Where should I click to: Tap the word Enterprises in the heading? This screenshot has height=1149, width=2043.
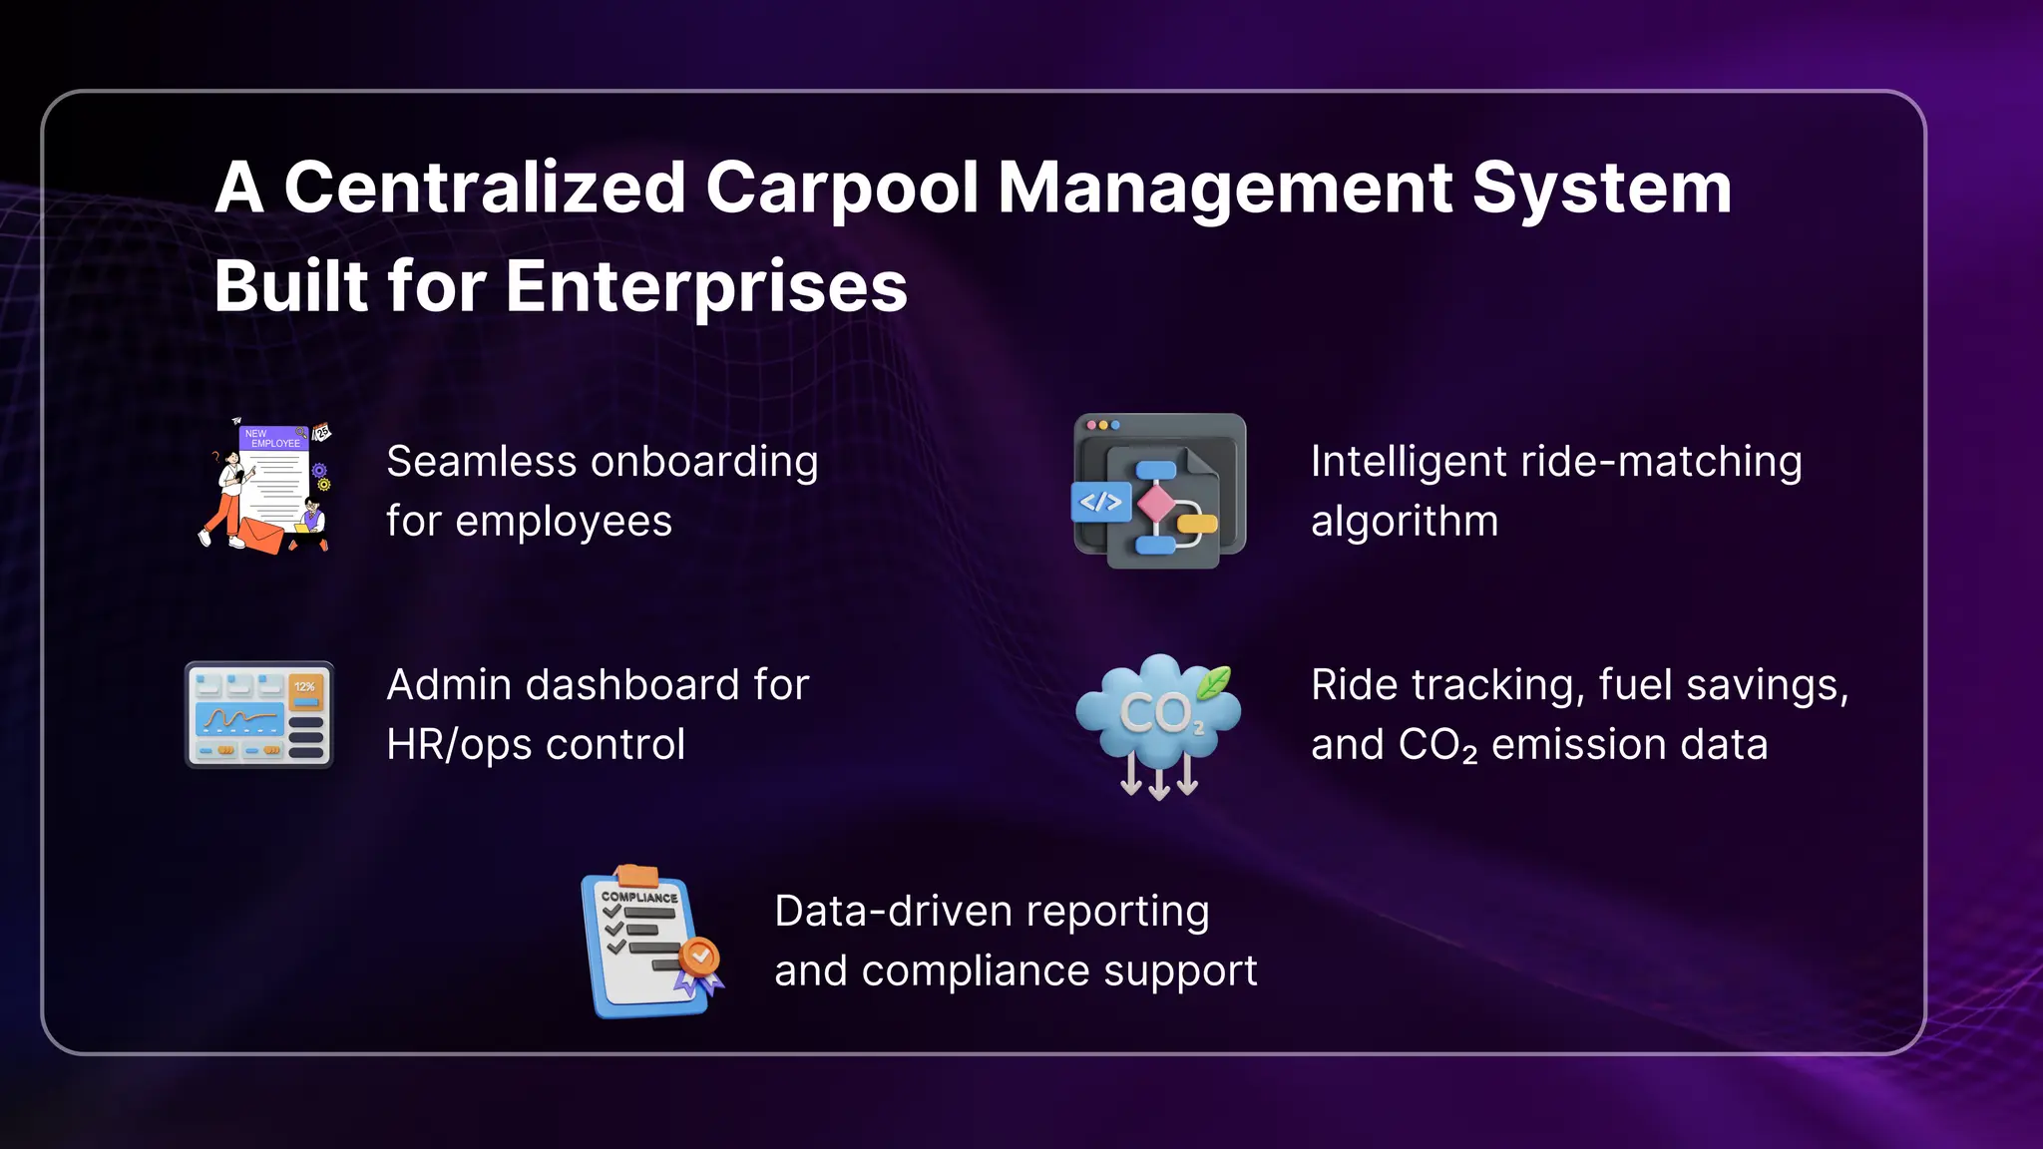coord(706,287)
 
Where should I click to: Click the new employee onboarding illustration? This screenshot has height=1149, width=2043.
coord(265,487)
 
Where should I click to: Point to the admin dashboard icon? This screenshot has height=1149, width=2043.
coord(259,715)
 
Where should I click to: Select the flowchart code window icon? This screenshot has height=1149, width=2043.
coord(1159,491)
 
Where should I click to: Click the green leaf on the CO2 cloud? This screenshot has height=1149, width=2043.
coord(1213,683)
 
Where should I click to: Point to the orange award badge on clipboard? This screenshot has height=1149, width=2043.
coord(700,957)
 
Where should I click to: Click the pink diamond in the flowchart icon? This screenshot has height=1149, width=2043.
coord(1156,503)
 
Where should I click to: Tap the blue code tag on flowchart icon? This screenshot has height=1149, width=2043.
coord(1100,503)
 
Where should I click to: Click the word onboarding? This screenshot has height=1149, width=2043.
coord(703,463)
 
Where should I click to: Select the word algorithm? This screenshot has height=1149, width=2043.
coord(1404,522)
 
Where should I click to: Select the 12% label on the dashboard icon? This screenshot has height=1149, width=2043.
coord(305,687)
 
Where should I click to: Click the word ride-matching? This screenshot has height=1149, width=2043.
coord(1660,463)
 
